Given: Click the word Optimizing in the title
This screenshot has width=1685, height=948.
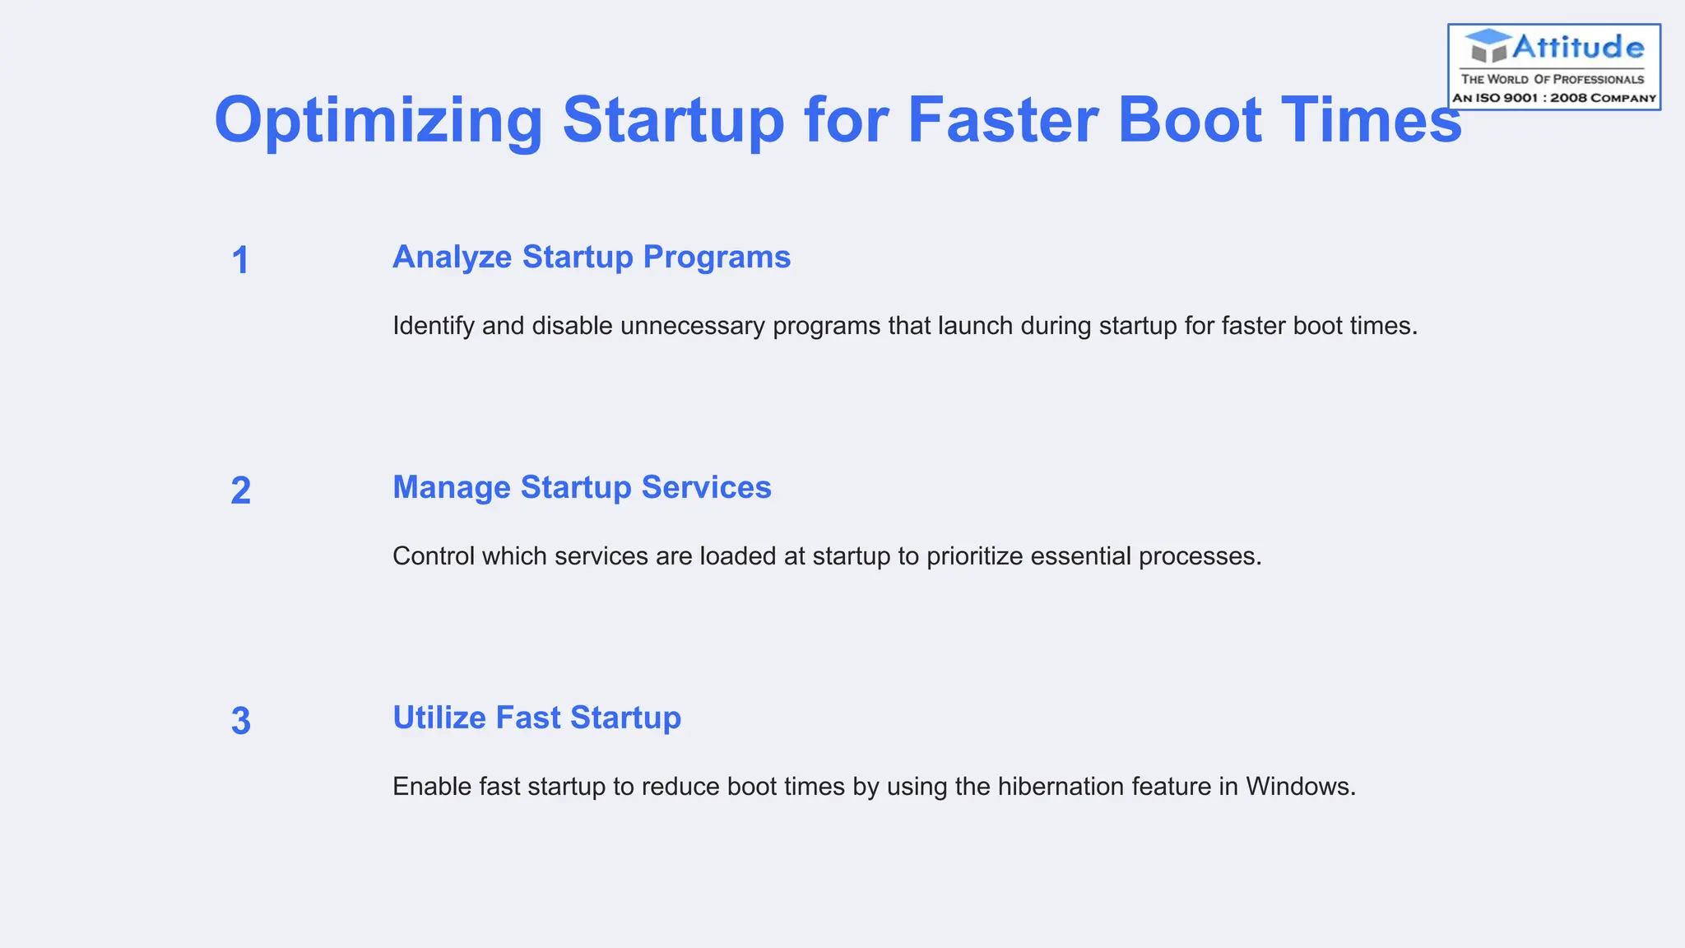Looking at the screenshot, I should tap(378, 121).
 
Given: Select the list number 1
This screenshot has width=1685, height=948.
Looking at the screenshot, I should tap(240, 261).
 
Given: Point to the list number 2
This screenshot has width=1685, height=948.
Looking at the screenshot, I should tap(240, 491).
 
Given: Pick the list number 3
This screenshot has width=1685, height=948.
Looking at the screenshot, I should tap(240, 722).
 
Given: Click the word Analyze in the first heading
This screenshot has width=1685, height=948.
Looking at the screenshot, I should tap(452, 258).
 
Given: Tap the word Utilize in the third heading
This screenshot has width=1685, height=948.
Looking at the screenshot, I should tap(439, 718).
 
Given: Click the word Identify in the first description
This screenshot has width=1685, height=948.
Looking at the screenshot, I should tap(434, 326).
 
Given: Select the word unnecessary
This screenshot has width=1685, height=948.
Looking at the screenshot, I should tap(693, 327).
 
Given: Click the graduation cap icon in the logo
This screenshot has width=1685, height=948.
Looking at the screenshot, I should tap(1488, 46).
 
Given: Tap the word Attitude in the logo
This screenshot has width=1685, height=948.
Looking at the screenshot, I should tap(1578, 47).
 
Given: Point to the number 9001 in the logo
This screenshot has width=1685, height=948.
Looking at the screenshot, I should tap(1521, 98).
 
